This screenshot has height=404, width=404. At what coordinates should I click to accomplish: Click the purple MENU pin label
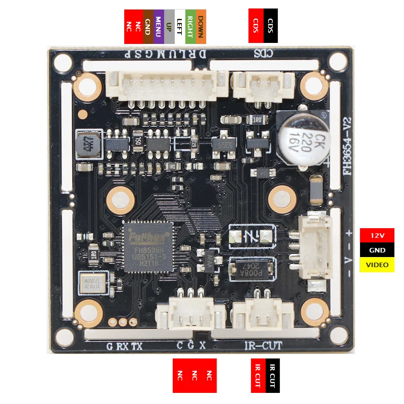coord(158,26)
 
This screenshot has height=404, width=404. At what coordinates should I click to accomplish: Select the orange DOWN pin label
coord(200,26)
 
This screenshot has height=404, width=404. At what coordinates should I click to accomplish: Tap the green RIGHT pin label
coord(190,26)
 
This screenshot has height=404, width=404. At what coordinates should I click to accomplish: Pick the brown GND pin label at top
coord(147,26)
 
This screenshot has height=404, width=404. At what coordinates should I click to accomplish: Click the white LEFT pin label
coord(179,26)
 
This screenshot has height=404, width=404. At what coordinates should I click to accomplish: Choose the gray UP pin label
coord(169,26)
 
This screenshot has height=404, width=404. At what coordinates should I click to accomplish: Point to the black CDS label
coord(271,25)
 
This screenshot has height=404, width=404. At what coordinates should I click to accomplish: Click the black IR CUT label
coord(272,376)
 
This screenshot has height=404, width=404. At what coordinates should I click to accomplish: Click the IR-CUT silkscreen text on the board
coord(263,346)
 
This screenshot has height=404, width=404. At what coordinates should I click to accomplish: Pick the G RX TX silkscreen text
coord(124,346)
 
